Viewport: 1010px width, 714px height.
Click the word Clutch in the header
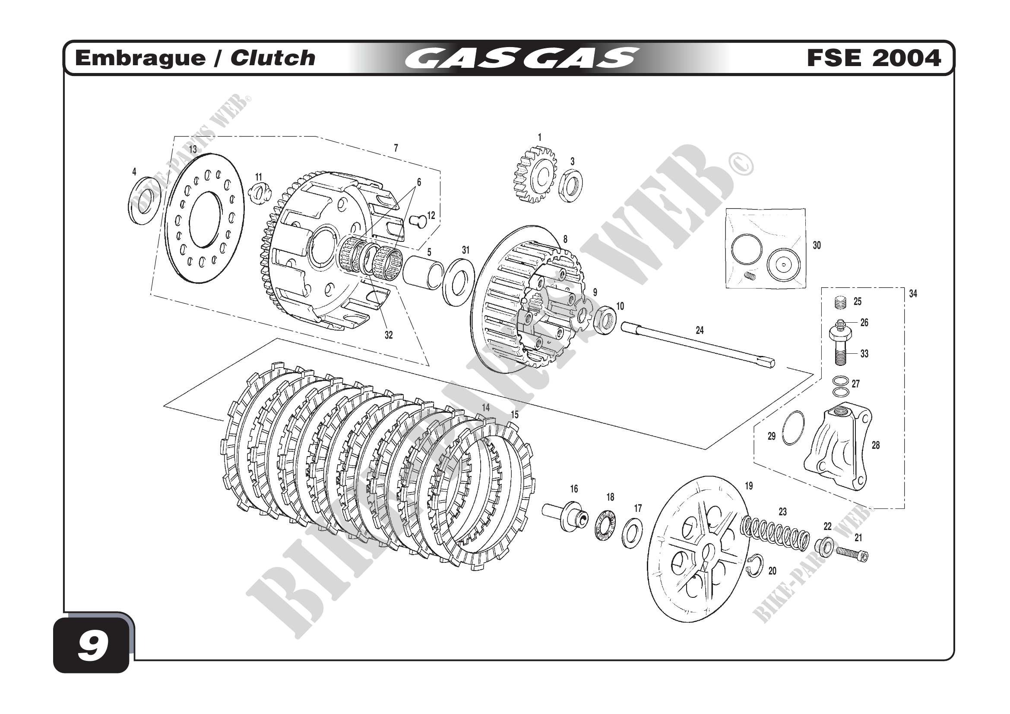point(272,58)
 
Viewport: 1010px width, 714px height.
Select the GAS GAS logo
point(521,58)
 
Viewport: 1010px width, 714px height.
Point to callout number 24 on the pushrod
point(700,330)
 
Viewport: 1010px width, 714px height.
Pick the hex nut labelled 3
point(571,186)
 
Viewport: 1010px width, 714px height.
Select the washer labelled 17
point(632,533)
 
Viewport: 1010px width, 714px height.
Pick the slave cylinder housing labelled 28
point(838,449)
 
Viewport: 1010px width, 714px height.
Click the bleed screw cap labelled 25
point(841,303)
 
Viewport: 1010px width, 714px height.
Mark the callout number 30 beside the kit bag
point(817,245)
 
